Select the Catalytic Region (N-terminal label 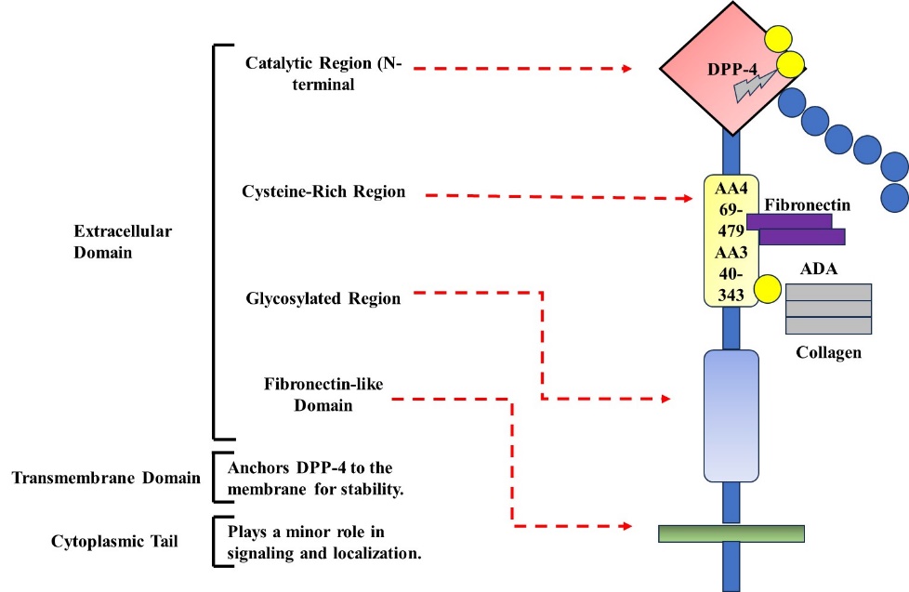pyautogui.click(x=324, y=72)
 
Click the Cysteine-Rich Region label pyautogui.click(x=324, y=191)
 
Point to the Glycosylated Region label pyautogui.click(x=323, y=298)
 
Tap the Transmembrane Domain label pyautogui.click(x=106, y=478)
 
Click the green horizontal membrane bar pyautogui.click(x=731, y=533)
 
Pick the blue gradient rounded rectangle pyautogui.click(x=731, y=414)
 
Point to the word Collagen pyautogui.click(x=829, y=352)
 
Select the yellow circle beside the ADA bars pyautogui.click(x=766, y=289)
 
